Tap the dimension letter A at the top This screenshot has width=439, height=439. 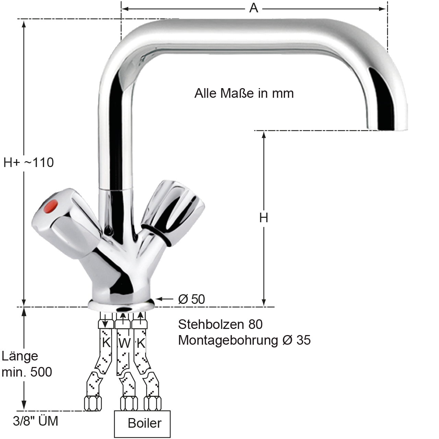254,9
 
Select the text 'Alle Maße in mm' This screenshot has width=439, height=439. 244,93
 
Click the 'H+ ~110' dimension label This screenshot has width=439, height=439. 29,163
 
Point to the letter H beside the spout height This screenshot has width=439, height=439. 264,218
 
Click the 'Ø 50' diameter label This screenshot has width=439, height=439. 191,299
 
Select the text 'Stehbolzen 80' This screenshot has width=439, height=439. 220,324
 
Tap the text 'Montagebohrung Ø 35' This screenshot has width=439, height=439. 244,341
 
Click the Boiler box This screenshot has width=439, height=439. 142,424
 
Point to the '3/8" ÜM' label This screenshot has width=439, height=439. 36,421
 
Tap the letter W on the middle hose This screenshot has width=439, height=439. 124,343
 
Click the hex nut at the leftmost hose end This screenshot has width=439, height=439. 93,403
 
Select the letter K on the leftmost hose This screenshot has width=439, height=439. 106,342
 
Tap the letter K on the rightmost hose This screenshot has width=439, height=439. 141,343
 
